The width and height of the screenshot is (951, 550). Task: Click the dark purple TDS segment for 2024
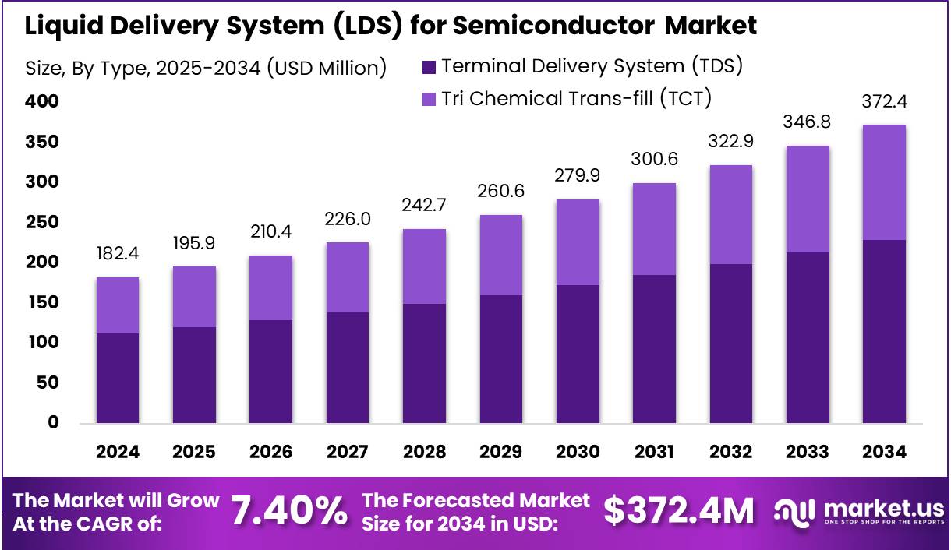click(x=117, y=378)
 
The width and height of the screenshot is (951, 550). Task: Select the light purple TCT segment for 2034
click(x=884, y=182)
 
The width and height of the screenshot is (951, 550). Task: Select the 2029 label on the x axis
click(x=500, y=453)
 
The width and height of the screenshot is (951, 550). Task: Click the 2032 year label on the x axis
click(x=730, y=453)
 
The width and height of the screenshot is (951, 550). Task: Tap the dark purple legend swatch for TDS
click(x=429, y=67)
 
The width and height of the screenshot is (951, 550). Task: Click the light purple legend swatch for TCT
click(x=429, y=99)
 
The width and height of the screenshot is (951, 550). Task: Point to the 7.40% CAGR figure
click(x=289, y=511)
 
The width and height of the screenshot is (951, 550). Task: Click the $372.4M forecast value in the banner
click(x=679, y=511)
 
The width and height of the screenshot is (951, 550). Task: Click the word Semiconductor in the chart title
click(x=554, y=26)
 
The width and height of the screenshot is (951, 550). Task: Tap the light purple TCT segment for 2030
click(x=577, y=242)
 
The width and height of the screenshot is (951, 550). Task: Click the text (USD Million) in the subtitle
click(x=327, y=69)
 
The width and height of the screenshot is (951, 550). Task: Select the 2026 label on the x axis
click(x=270, y=453)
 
